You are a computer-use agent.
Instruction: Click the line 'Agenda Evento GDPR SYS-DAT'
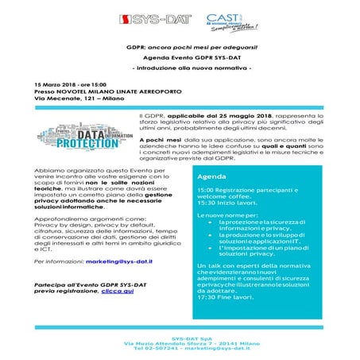click(180, 58)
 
